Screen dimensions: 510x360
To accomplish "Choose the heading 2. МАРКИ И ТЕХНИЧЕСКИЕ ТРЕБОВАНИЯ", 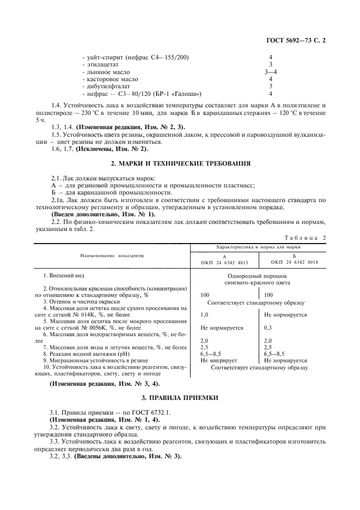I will (x=180, y=163).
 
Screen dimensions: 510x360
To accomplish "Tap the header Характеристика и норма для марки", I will (x=259, y=247).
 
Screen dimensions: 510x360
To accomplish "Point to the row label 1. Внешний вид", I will (x=64, y=276).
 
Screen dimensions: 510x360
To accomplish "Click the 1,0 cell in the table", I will (x=204, y=314).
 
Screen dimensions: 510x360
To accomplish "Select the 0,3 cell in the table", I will (x=268, y=327).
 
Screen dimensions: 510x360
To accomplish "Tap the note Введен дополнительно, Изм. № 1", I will (x=95, y=214).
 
